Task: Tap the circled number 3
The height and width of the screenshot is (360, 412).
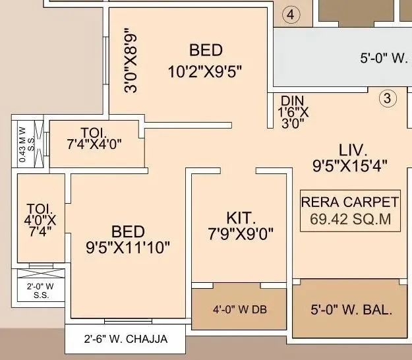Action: click(388, 100)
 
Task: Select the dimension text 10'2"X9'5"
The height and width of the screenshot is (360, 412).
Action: click(206, 71)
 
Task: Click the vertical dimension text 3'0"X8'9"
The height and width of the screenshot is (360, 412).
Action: click(131, 59)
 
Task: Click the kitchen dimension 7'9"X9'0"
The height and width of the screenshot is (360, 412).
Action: click(241, 233)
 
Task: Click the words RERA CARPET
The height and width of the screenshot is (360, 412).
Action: click(349, 202)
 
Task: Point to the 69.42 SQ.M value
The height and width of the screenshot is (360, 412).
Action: click(349, 219)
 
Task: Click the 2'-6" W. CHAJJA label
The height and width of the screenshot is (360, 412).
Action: click(127, 340)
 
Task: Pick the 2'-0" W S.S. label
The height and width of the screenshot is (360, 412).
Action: click(41, 291)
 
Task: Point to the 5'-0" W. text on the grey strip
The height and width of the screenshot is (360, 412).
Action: click(384, 58)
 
